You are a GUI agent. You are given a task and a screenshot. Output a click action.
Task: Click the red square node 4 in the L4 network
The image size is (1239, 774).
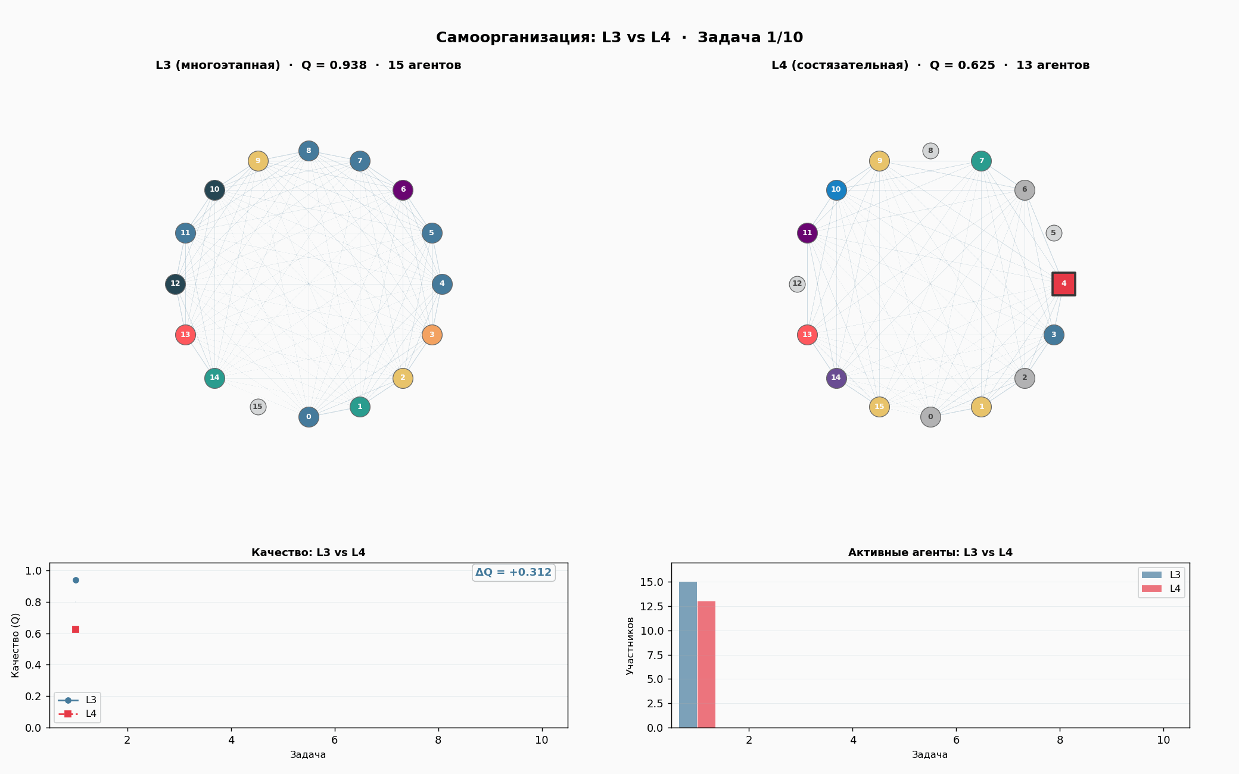(1063, 284)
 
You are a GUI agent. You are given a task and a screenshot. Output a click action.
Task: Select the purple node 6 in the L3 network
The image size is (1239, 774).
(403, 190)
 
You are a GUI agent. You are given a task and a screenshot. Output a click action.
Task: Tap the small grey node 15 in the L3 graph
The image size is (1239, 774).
(257, 407)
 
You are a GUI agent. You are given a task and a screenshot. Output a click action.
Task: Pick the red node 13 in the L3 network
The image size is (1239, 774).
(185, 335)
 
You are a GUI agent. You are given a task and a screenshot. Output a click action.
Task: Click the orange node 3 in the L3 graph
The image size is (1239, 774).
(432, 335)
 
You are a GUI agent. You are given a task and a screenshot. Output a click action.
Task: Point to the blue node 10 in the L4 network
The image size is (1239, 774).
(836, 190)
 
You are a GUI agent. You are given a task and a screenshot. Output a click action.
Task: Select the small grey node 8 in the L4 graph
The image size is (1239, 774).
(930, 151)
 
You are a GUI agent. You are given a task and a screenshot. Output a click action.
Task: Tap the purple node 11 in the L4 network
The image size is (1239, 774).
(807, 233)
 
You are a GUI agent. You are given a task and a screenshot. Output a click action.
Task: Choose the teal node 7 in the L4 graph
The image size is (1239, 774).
(981, 161)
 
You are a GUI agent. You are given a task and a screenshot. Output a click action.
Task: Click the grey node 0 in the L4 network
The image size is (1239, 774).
(930, 417)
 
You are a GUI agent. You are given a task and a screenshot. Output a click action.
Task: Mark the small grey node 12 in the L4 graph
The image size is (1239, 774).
(797, 284)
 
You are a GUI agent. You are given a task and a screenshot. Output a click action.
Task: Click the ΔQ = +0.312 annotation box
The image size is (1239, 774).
(513, 573)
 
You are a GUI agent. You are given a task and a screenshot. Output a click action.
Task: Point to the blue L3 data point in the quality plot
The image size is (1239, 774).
(76, 580)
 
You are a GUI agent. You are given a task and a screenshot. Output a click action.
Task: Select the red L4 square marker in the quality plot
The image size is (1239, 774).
(76, 629)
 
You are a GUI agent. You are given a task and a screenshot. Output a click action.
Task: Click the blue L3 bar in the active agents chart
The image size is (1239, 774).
(688, 655)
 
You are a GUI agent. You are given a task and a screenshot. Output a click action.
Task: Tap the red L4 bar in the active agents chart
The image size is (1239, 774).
(706, 664)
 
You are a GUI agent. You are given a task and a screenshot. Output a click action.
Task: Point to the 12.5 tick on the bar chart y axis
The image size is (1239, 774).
(652, 607)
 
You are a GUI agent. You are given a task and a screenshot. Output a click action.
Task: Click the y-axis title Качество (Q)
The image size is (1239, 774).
(15, 645)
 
